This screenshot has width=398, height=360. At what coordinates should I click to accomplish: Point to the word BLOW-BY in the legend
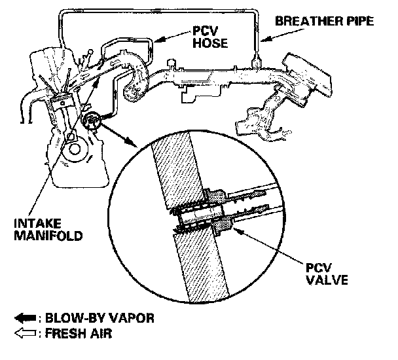point(75,319)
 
